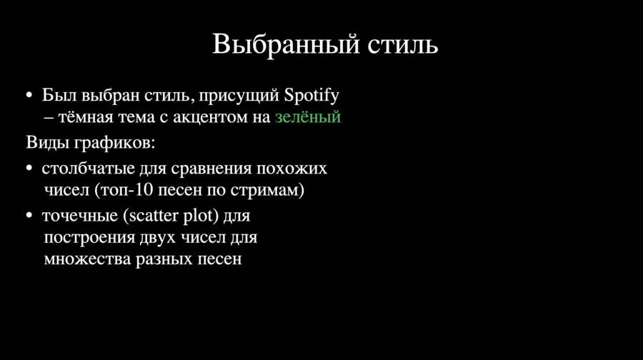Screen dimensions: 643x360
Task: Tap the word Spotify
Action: click(311, 96)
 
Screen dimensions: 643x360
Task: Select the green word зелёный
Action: click(307, 117)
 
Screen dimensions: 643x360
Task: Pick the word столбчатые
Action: click(88, 168)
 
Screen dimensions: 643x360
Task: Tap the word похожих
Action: click(291, 169)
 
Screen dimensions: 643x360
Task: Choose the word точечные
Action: click(80, 216)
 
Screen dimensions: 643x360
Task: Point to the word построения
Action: click(89, 238)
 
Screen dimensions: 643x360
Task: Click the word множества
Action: click(87, 259)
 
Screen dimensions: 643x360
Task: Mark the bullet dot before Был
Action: click(29, 96)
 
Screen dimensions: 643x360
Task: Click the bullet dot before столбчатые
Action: click(29, 169)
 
